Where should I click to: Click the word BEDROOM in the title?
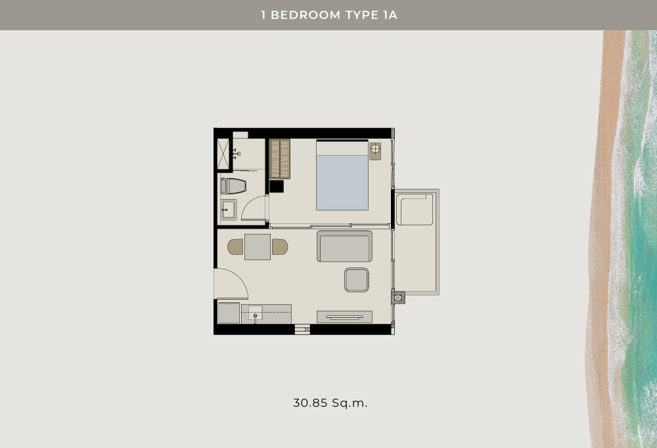(306, 15)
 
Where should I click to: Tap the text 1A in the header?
(390, 15)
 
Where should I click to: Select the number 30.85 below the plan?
(310, 403)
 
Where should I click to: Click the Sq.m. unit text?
(350, 403)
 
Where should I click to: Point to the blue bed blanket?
(342, 183)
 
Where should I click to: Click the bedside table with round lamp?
(375, 151)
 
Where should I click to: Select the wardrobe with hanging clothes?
(279, 159)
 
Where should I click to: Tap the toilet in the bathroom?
(233, 186)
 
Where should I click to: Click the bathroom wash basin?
(229, 210)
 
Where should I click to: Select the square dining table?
(258, 247)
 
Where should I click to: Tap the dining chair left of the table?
(235, 247)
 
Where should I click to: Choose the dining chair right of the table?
(280, 247)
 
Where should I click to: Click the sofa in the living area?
(344, 246)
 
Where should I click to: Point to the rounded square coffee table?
(357, 280)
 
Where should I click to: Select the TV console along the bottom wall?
(344, 317)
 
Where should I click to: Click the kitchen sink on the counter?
(255, 313)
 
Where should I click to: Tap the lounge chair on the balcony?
(415, 209)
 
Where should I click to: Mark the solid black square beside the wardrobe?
(277, 186)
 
